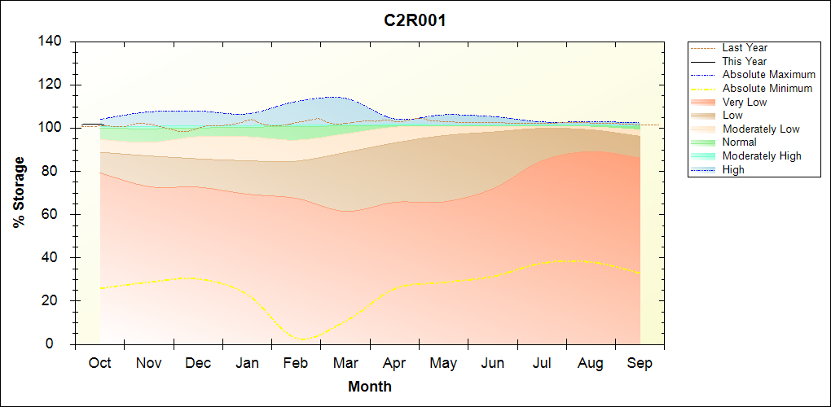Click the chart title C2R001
coord(415,20)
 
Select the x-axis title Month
coord(369,387)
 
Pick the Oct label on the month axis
coord(99,363)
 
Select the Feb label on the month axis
coord(296,363)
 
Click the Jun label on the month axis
coord(493,363)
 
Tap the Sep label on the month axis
coord(640,363)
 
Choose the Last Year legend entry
coord(745,48)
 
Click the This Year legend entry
coord(745,61)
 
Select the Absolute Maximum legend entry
coord(768,75)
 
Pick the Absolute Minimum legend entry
coord(767,88)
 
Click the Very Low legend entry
coord(745,102)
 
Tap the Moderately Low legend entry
coord(761,129)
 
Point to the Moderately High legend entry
coord(762,155)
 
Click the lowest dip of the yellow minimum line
coord(303,339)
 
